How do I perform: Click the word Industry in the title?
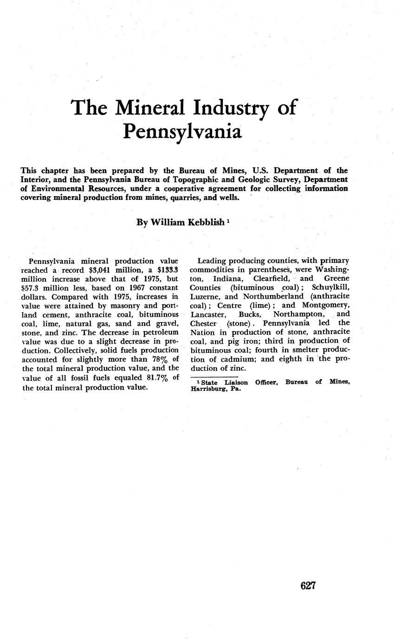(x=230, y=108)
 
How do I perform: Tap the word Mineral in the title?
(x=149, y=108)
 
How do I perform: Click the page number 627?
(x=308, y=586)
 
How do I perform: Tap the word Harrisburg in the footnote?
(x=209, y=390)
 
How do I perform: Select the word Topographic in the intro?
(x=181, y=179)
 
